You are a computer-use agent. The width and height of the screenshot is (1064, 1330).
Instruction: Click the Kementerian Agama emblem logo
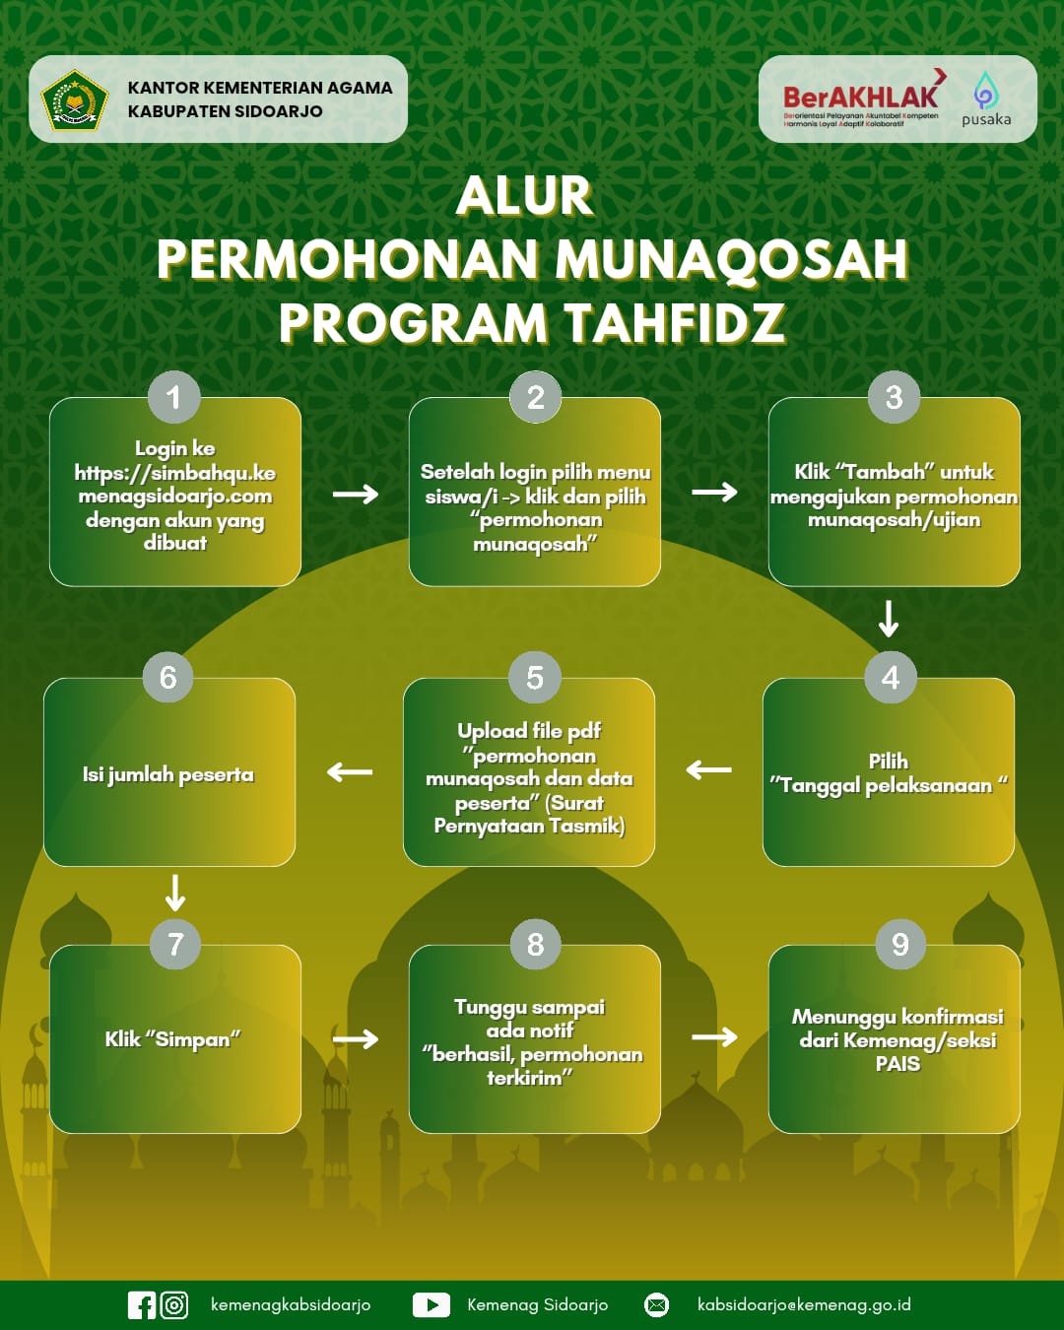coord(74,100)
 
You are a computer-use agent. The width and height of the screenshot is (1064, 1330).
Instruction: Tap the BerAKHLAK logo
coord(861,98)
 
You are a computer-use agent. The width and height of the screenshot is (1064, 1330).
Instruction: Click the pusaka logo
coord(985,100)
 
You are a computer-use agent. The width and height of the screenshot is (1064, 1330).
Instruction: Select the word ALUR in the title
coord(524,196)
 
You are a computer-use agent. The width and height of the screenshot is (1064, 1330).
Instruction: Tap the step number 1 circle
coord(174,397)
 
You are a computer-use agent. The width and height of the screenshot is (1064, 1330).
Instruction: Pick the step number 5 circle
coord(534,678)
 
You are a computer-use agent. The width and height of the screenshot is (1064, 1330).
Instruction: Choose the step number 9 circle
coord(899,945)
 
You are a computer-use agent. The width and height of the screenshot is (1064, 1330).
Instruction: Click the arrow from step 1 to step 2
coord(356,494)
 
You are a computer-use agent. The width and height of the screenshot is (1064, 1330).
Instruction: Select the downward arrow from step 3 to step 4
coord(889,619)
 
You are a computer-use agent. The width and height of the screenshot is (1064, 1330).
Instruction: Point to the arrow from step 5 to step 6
coord(350,771)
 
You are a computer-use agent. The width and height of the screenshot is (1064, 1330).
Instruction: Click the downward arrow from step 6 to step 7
coord(175,893)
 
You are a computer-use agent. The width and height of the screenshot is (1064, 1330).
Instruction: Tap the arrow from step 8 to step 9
coord(714,1036)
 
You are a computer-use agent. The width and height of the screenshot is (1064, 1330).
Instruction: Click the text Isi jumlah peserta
coord(168,775)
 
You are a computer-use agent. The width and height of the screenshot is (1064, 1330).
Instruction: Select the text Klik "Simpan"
coord(173,1039)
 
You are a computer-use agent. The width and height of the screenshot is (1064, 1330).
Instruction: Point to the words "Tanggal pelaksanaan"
coord(887,786)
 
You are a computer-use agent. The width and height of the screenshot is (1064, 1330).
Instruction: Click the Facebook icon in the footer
coord(142,1305)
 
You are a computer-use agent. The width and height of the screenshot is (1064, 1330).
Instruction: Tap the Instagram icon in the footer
coord(174,1305)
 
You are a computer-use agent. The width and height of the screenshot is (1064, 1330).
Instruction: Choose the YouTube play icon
coord(431,1305)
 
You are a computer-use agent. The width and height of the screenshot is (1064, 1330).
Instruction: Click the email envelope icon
coord(656,1305)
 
